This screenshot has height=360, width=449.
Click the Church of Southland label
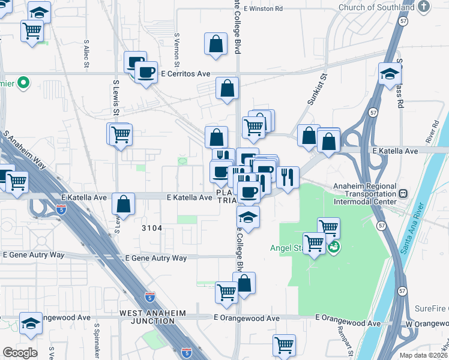376,7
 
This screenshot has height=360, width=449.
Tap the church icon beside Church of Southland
424,7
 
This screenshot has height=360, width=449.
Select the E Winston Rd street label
263,8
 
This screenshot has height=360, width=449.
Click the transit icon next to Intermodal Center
403,194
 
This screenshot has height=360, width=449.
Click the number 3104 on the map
152,228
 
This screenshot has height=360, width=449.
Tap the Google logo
20,353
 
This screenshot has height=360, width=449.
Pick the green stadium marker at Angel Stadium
334,246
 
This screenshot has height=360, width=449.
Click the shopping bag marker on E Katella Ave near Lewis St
123,204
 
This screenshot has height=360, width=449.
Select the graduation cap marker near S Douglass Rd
390,74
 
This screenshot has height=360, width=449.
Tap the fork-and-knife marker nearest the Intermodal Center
288,177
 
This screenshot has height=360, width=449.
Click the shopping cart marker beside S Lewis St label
121,134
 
